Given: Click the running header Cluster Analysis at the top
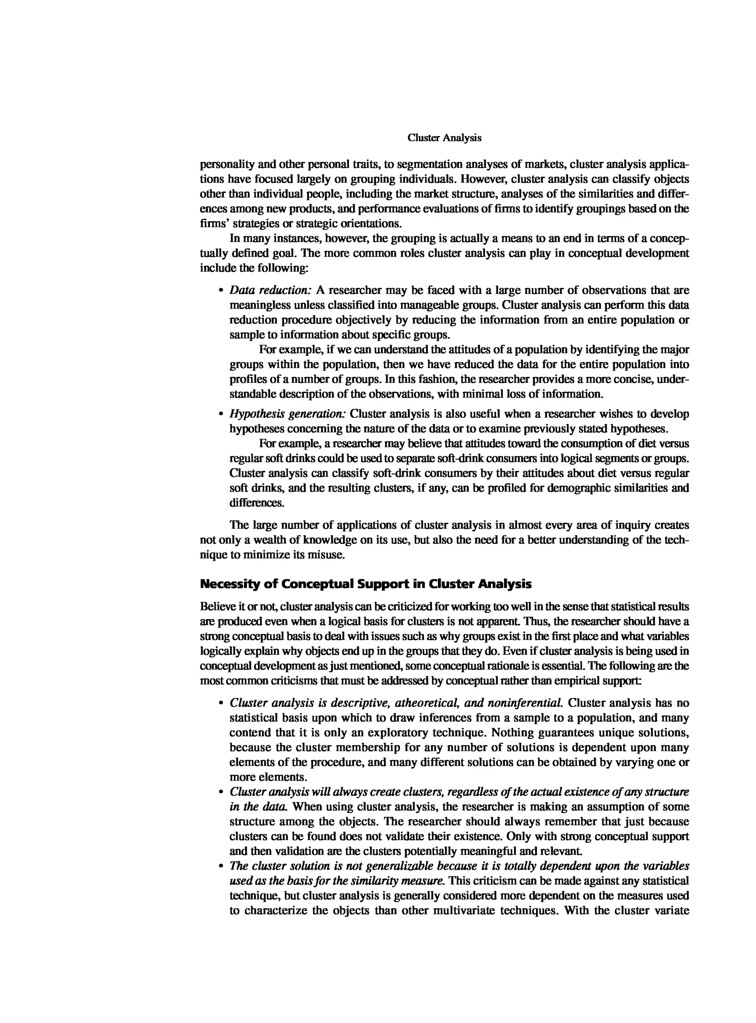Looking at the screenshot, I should [444, 138].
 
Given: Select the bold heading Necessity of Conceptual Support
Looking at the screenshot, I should [366, 584].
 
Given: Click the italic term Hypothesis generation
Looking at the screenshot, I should [288, 414].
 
